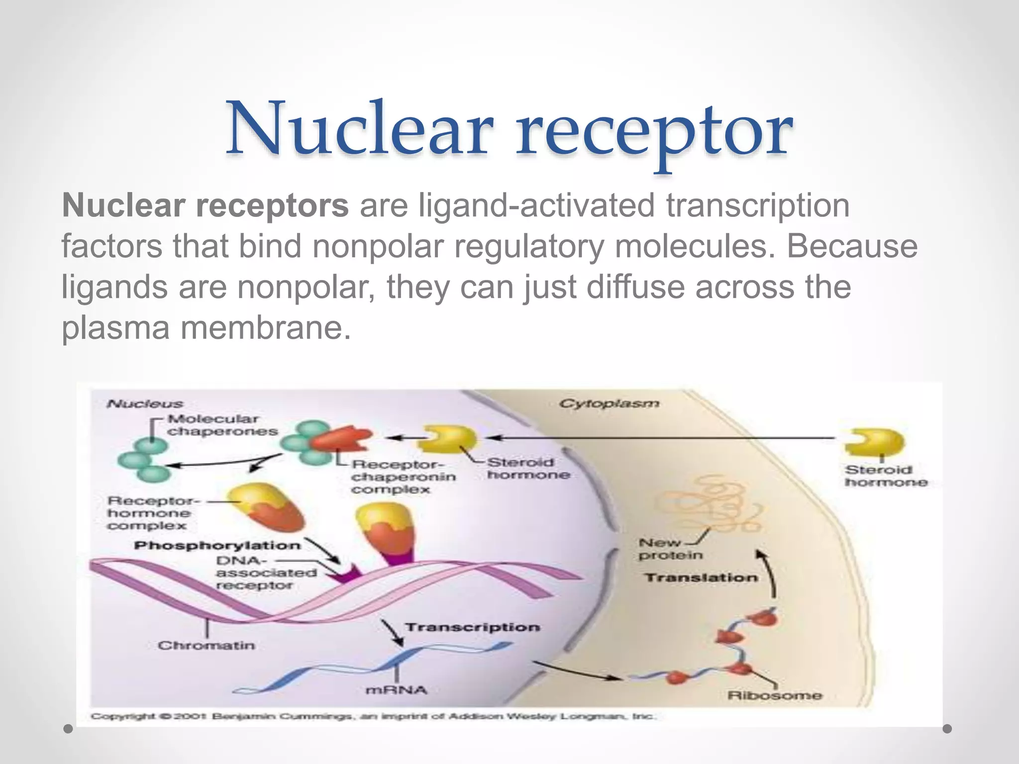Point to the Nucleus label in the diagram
point(145,404)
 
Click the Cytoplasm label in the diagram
point(609,403)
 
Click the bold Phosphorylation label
point(217,546)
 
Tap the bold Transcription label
point(472,627)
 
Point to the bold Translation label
point(701,578)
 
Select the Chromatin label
point(206,646)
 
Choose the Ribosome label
point(774,695)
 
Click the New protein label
point(670,549)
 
